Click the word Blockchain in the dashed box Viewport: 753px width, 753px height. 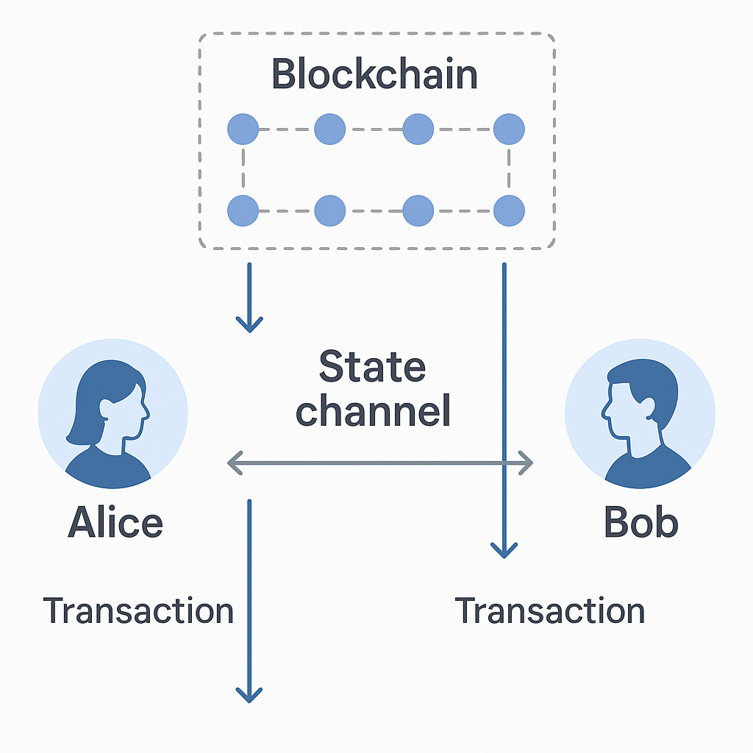(x=374, y=75)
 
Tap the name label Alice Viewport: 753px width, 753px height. (x=115, y=523)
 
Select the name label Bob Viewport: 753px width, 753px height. (x=640, y=523)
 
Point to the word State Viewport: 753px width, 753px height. (x=373, y=367)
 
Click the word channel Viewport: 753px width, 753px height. (x=373, y=412)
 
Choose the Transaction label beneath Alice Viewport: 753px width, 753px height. (x=138, y=611)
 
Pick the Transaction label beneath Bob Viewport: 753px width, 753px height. (x=550, y=611)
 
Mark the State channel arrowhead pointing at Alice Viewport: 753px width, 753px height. (x=234, y=463)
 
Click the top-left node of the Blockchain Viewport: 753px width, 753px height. (x=243, y=129)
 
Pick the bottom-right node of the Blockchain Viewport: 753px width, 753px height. (x=509, y=211)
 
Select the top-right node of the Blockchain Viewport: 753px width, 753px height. (x=509, y=129)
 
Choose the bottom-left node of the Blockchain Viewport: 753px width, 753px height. (x=243, y=211)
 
